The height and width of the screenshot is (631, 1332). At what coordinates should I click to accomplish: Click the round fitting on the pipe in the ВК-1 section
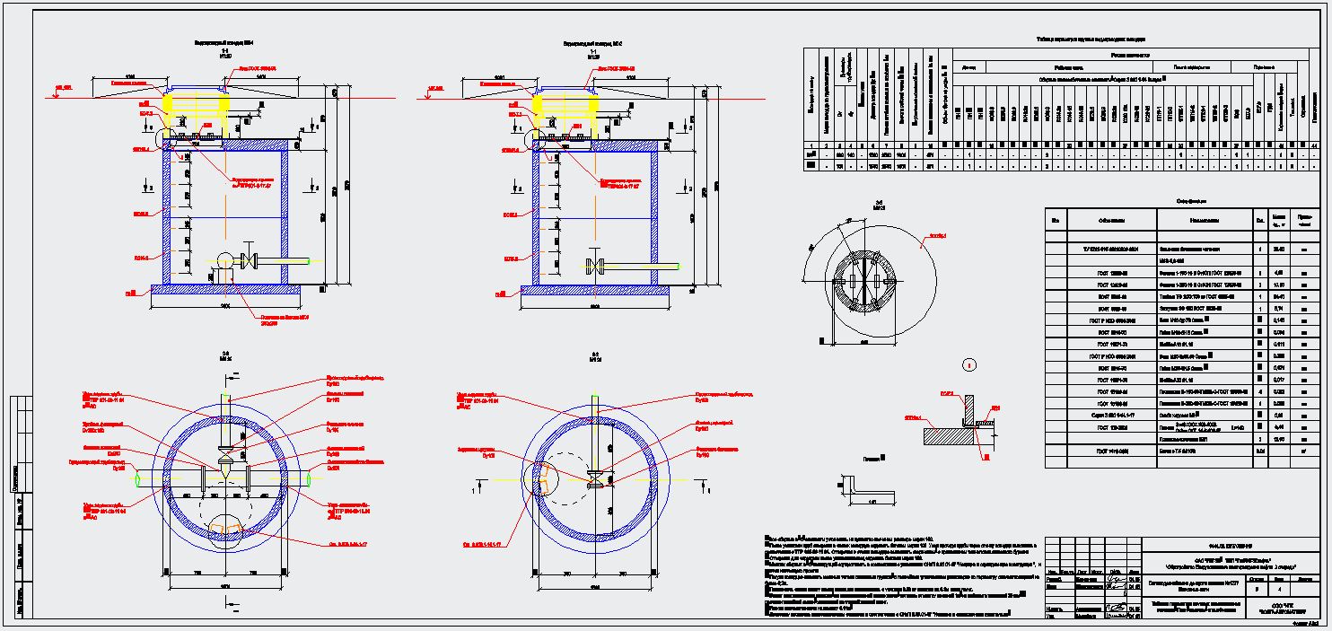(x=224, y=263)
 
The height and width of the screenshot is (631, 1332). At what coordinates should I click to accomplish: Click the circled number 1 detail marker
(x=968, y=364)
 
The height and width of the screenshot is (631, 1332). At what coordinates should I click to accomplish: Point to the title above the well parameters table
(x=1090, y=39)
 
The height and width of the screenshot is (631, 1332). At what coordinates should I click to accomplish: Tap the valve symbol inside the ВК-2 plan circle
(x=593, y=477)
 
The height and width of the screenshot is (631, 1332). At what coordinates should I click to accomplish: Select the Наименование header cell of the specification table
(x=1204, y=220)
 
